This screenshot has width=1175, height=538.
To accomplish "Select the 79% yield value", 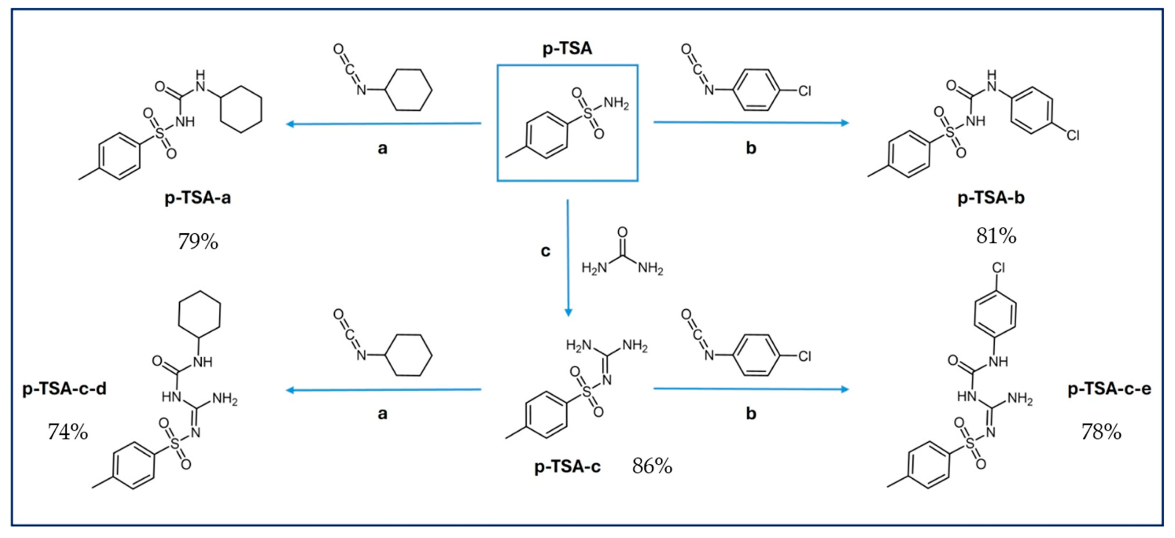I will pos(198,241).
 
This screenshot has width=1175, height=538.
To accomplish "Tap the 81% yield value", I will pos(996,236).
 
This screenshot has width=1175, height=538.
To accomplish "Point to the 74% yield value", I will pos(68,432).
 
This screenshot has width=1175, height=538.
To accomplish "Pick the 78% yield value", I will pos(1101,432).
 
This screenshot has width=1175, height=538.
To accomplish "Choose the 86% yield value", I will pos(652,466).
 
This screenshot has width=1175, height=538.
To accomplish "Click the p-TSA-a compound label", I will pos(198,198).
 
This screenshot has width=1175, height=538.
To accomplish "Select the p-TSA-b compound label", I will pos(991,198).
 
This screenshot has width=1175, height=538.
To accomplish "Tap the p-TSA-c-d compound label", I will pos(64,389).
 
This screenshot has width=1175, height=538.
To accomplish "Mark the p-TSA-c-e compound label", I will pos(1109,389).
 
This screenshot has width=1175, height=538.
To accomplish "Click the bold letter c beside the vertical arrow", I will pos(545,251).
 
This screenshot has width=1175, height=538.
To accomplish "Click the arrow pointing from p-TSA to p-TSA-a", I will pos(383,123).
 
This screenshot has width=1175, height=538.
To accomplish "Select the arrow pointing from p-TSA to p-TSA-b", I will pos(751,122).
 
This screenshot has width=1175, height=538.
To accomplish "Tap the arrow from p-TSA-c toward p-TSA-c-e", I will pos(751,389).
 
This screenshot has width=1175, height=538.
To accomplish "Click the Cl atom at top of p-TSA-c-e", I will pos(998,268).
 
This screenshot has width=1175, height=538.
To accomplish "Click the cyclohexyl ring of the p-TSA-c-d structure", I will pos(199,315).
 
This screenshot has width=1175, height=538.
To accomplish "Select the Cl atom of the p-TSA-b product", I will pos(1072,136).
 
